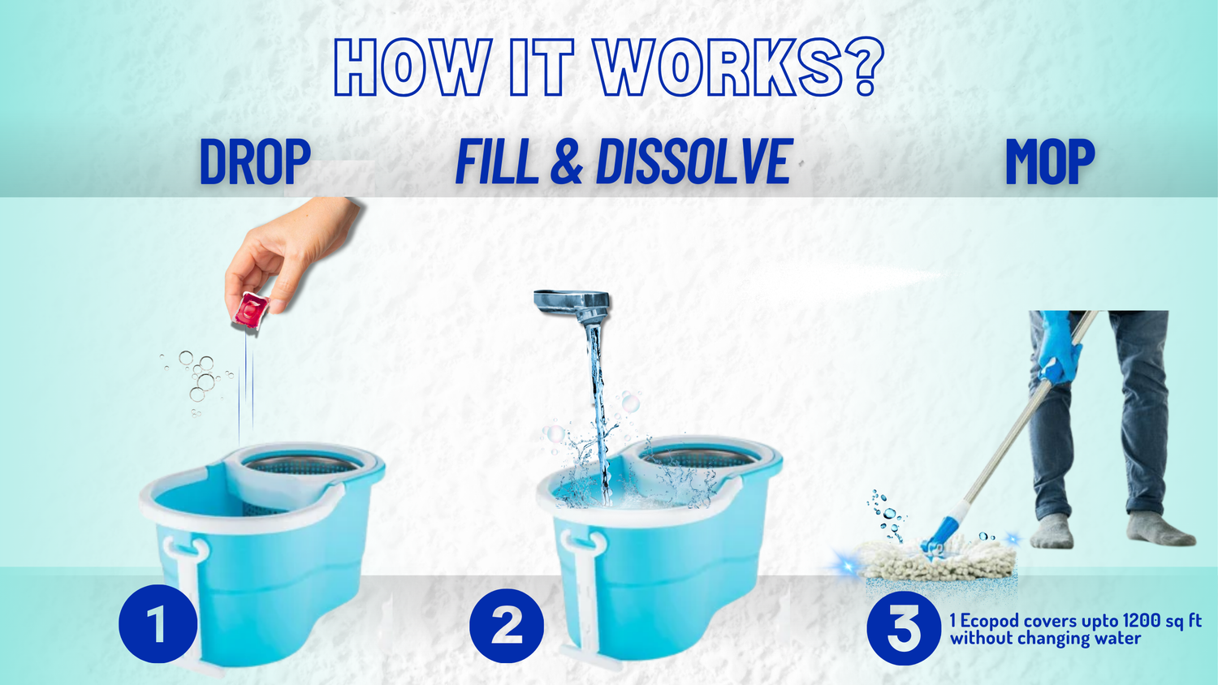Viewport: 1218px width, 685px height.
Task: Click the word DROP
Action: [x=255, y=162]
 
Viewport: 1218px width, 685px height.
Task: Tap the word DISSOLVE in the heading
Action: [x=693, y=162]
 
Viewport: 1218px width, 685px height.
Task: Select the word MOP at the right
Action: [x=1050, y=162]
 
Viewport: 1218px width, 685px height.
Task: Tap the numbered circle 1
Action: [x=158, y=624]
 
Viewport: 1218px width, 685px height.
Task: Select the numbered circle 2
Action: [x=507, y=626]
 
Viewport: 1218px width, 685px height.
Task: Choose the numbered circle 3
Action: [x=904, y=628]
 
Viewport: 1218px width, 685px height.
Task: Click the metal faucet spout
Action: [x=572, y=305]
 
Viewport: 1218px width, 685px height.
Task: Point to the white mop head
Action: [x=939, y=559]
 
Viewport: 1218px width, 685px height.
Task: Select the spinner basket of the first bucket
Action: [x=302, y=463]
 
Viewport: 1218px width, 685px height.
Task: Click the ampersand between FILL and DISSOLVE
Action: [x=567, y=162]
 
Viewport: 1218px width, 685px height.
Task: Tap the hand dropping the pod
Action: [x=288, y=250]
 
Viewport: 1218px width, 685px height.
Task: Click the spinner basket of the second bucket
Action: [x=698, y=458]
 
